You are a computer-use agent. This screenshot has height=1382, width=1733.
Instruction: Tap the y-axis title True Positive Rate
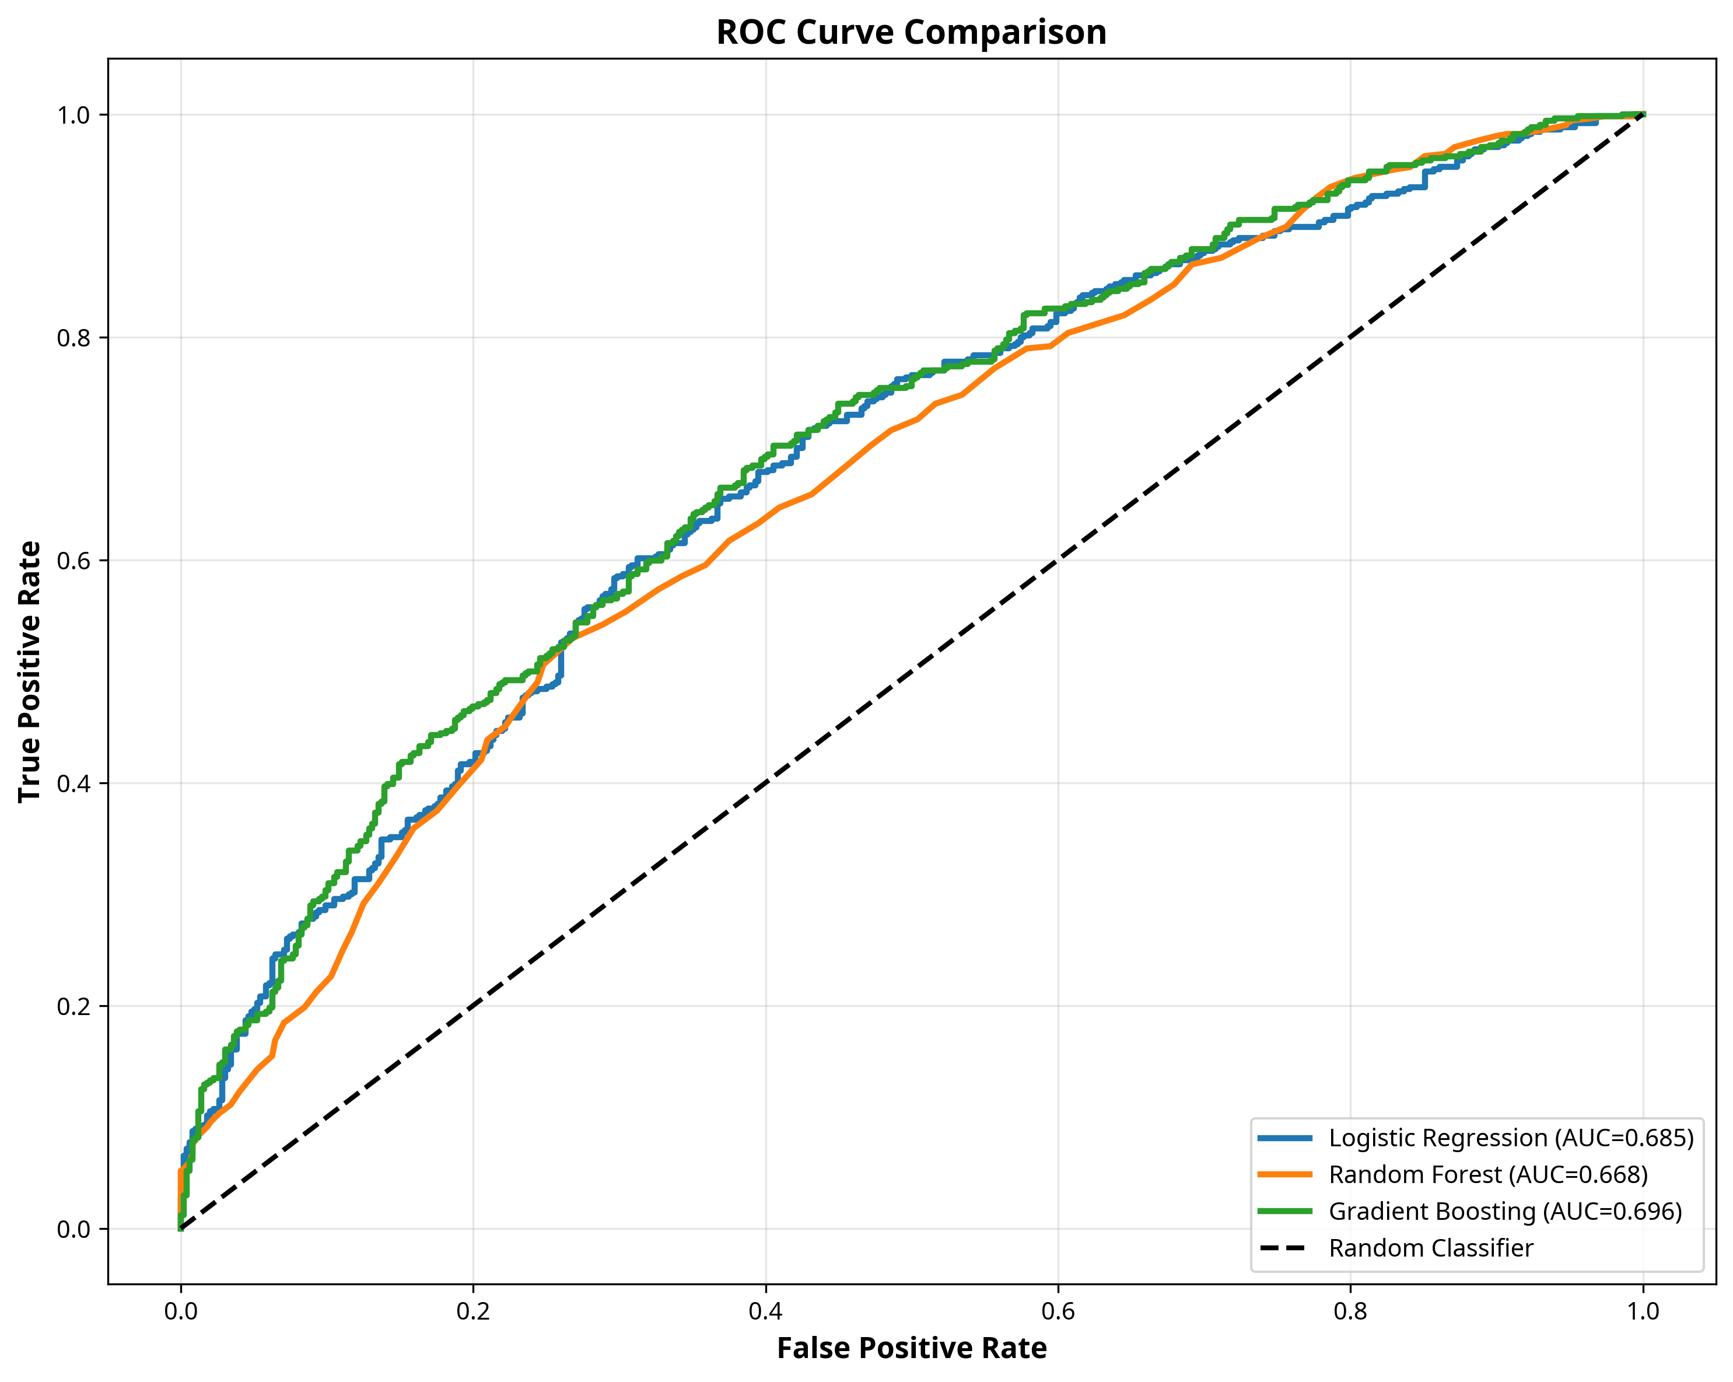pyautogui.click(x=30, y=671)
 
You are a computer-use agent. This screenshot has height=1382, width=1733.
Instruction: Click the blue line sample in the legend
pyautogui.click(x=1284, y=1138)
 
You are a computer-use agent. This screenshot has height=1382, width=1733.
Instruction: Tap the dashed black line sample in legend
pyautogui.click(x=1284, y=1248)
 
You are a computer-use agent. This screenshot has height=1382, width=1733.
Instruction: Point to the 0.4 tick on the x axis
pyautogui.click(x=765, y=1311)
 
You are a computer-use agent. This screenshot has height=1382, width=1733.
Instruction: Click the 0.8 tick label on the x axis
pyautogui.click(x=1350, y=1311)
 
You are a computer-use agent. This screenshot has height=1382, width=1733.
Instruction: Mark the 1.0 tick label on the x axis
pyautogui.click(x=1643, y=1311)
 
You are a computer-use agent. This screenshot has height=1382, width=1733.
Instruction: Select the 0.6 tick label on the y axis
pyautogui.click(x=72, y=561)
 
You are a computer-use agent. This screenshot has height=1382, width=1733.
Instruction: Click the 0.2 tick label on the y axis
pyautogui.click(x=72, y=1006)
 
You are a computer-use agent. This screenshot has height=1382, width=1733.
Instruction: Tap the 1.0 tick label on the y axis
pyautogui.click(x=72, y=115)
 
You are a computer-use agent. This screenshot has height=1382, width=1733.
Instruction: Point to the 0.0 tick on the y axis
pyautogui.click(x=72, y=1229)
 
